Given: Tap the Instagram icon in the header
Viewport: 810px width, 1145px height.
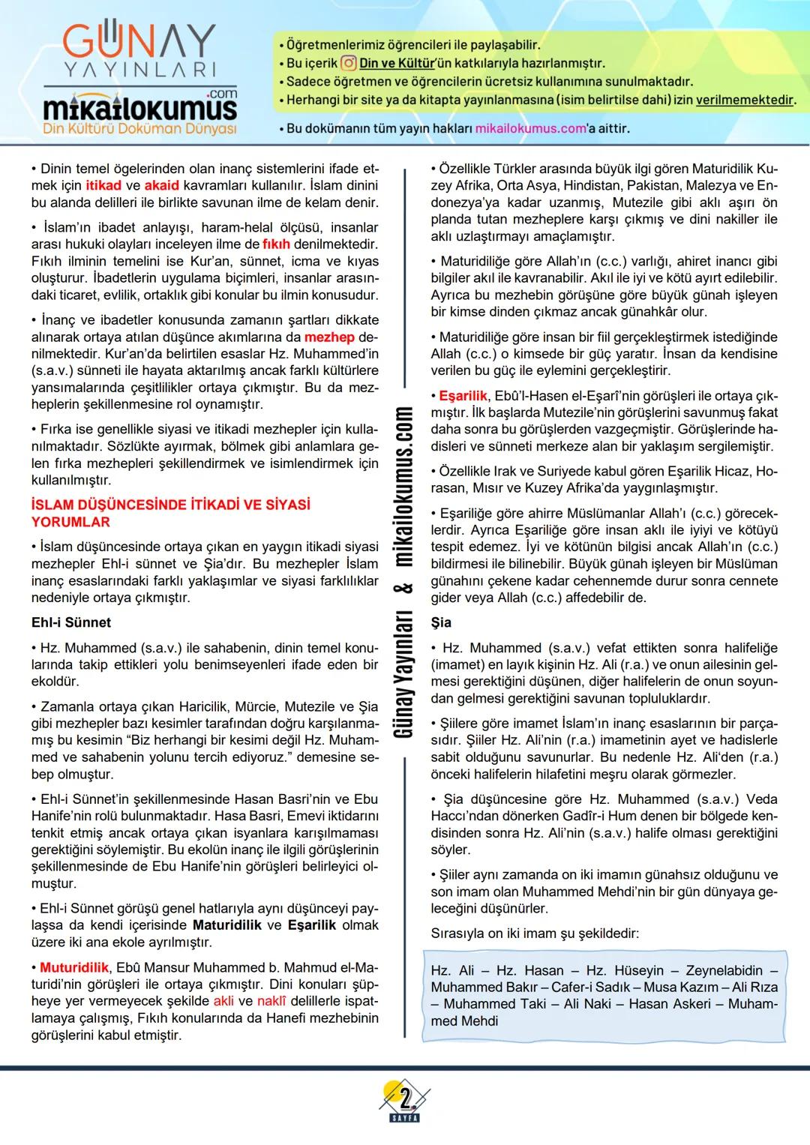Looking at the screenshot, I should point(348,64).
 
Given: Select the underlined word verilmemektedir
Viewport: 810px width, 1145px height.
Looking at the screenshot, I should point(745,100).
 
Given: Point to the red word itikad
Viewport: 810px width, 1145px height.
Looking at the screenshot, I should point(103,185).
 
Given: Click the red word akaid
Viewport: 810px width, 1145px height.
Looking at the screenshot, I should point(162,185).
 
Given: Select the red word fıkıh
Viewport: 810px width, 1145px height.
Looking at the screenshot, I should point(276,244).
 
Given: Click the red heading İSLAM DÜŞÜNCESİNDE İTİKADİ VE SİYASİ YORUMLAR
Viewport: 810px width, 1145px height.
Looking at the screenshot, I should point(171,513).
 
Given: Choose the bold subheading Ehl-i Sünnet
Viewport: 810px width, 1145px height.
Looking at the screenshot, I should point(71,622).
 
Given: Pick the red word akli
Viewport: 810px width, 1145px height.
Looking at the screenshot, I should point(223,1001).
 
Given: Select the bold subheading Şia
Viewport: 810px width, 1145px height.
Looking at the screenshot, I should point(441,622).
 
